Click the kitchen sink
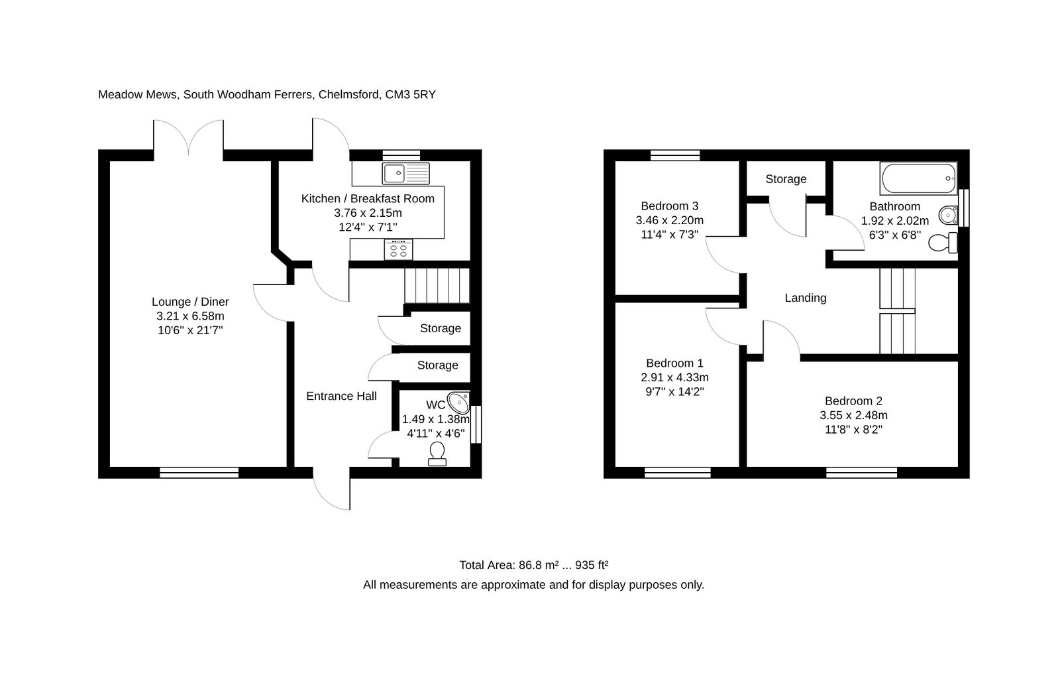click(405, 174)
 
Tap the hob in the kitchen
click(398, 249)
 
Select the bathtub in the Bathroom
click(918, 178)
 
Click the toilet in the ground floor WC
click(437, 454)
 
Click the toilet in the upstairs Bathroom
click(943, 243)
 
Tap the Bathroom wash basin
click(948, 216)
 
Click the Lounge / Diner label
click(190, 302)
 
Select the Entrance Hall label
click(341, 396)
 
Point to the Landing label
click(806, 298)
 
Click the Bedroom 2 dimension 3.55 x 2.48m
click(854, 416)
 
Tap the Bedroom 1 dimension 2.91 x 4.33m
click(675, 377)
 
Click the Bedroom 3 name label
click(670, 206)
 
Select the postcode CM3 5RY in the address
click(410, 95)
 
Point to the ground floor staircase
click(437, 286)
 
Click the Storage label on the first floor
click(786, 179)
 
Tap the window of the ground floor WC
click(476, 424)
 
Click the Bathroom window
click(964, 208)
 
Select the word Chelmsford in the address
click(349, 95)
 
